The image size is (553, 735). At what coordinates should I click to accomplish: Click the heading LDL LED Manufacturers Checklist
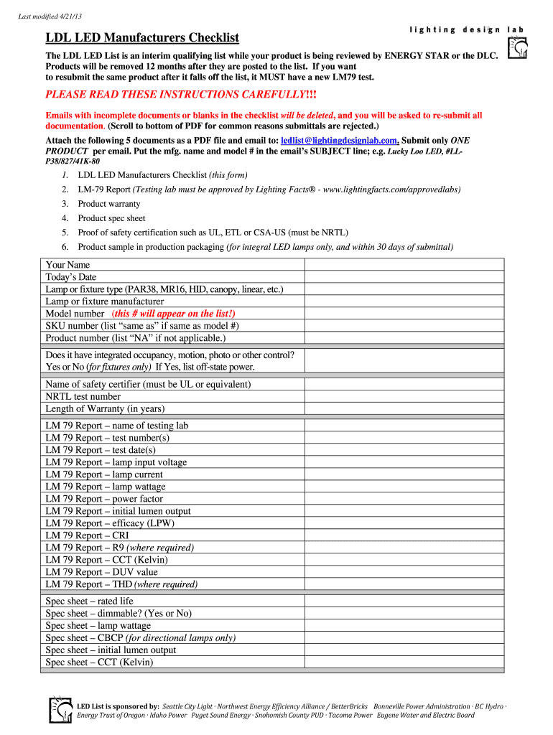[142, 37]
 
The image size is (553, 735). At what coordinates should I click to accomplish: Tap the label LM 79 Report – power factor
[104, 499]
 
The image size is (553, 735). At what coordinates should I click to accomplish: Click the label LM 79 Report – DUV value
[101, 572]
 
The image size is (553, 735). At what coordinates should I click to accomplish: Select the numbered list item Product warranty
[109, 204]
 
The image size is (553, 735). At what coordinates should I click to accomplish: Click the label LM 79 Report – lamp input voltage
[116, 462]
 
